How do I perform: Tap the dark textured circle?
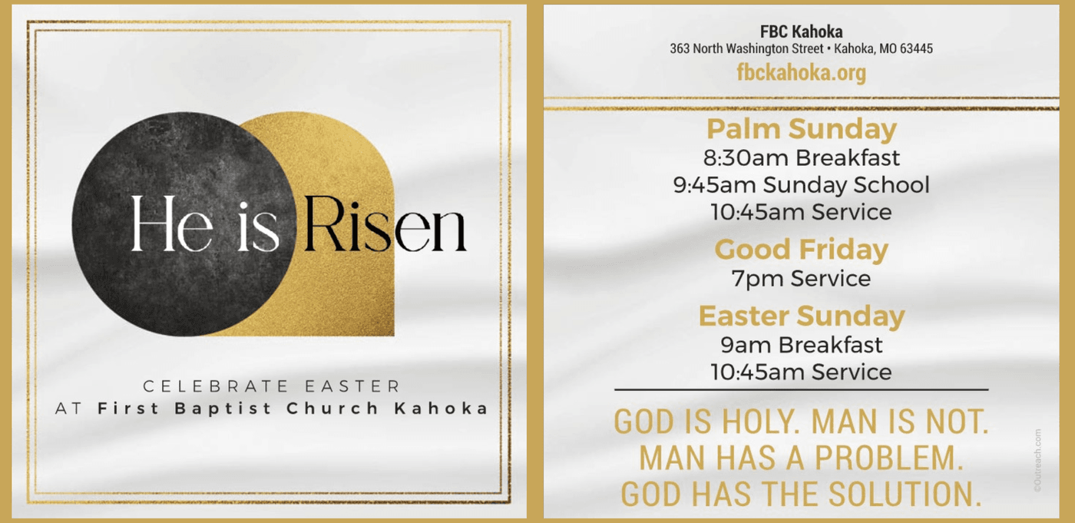pos(184,224)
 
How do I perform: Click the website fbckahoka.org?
pos(801,72)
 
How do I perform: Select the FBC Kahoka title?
pos(801,31)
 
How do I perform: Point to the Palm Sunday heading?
pos(802,129)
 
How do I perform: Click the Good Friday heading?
pos(802,250)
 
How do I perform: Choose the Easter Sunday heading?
pos(802,316)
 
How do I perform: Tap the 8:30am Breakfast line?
pos(802,158)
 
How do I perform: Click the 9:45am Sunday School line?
pos(802,185)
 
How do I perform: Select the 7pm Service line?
pos(802,278)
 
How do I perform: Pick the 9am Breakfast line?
pos(802,345)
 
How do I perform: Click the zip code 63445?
pos(916,48)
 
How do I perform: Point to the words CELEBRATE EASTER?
pos(272,386)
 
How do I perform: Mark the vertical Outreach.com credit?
pos(1037,460)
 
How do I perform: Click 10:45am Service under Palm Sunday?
pos(802,212)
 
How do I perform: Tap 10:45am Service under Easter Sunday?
pos(802,372)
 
